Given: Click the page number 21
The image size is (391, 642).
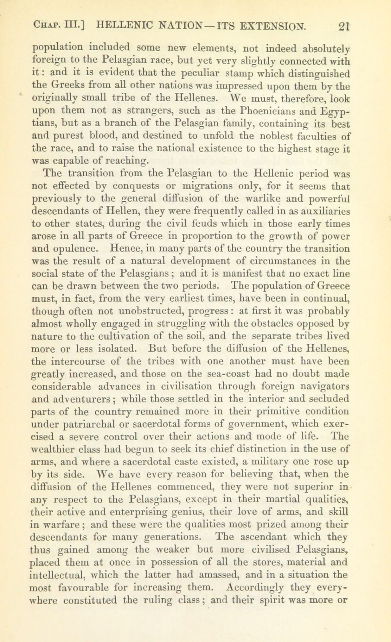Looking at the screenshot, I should coord(343,26).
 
